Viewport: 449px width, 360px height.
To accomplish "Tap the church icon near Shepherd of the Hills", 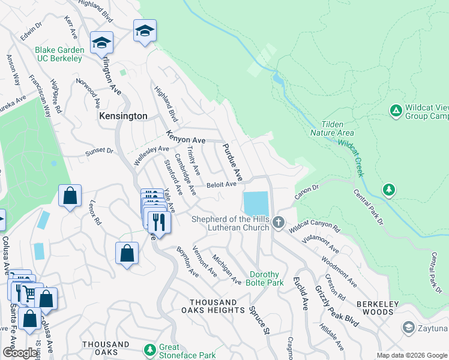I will pos(278,223).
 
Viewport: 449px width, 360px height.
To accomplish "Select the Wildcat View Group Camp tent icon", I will pos(396,110).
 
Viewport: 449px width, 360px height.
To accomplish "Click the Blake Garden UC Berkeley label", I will pos(58,54).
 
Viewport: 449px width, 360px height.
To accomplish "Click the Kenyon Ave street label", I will pos(186,137).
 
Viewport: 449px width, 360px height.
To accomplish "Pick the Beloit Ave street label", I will pos(221,185).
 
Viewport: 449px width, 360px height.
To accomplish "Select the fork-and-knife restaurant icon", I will pos(159,221).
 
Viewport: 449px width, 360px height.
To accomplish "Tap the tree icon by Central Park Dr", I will pos(390,190).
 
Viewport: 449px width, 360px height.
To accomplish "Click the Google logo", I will pos(20,353).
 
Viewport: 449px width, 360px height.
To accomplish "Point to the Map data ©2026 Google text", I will pos(411,355).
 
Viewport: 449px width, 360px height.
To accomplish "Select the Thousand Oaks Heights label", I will pos(212,305).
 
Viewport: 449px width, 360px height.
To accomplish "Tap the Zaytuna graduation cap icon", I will pos(409,328).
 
